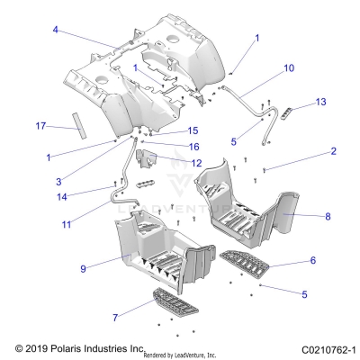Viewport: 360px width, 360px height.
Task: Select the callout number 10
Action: tap(288, 67)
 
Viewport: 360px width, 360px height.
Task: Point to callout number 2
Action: tap(308, 152)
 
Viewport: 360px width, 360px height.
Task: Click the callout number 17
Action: tap(39, 125)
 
